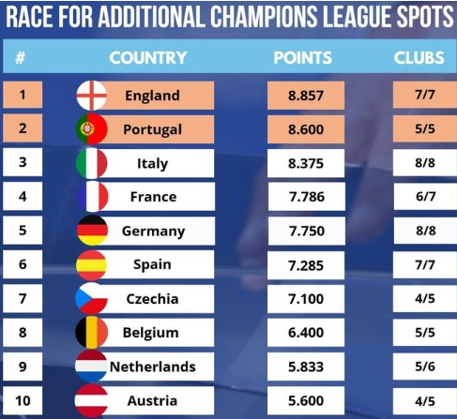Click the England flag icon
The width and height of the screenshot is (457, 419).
(91, 96)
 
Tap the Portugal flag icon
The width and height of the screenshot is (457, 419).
(91, 129)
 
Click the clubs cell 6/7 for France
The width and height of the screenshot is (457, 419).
(419, 197)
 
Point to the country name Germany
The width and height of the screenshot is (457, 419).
(153, 232)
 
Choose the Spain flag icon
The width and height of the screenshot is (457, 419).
(91, 265)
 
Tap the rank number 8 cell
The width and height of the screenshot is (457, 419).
(22, 333)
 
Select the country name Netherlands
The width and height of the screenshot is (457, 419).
(153, 367)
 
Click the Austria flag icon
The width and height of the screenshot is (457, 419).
(91, 400)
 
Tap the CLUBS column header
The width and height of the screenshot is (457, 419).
(419, 57)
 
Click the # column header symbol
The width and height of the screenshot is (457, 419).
(20, 57)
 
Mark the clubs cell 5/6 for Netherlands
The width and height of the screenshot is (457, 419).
(419, 367)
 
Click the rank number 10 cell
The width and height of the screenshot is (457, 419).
(22, 400)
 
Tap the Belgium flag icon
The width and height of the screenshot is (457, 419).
(91, 333)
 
